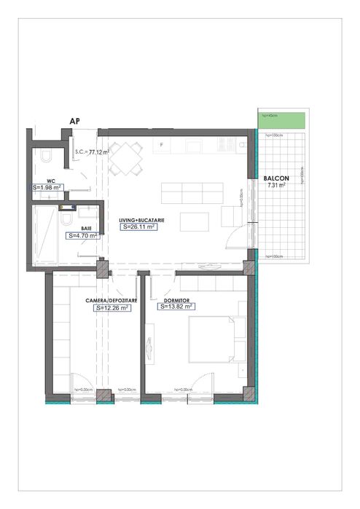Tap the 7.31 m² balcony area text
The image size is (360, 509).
tap(276, 185)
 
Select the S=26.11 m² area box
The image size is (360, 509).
tap(138, 226)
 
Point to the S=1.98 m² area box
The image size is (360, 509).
tap(47, 187)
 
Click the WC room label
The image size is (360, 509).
tap(51, 179)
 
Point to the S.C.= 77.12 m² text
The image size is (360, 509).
tap(92, 152)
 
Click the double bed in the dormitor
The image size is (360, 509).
tap(212, 339)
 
